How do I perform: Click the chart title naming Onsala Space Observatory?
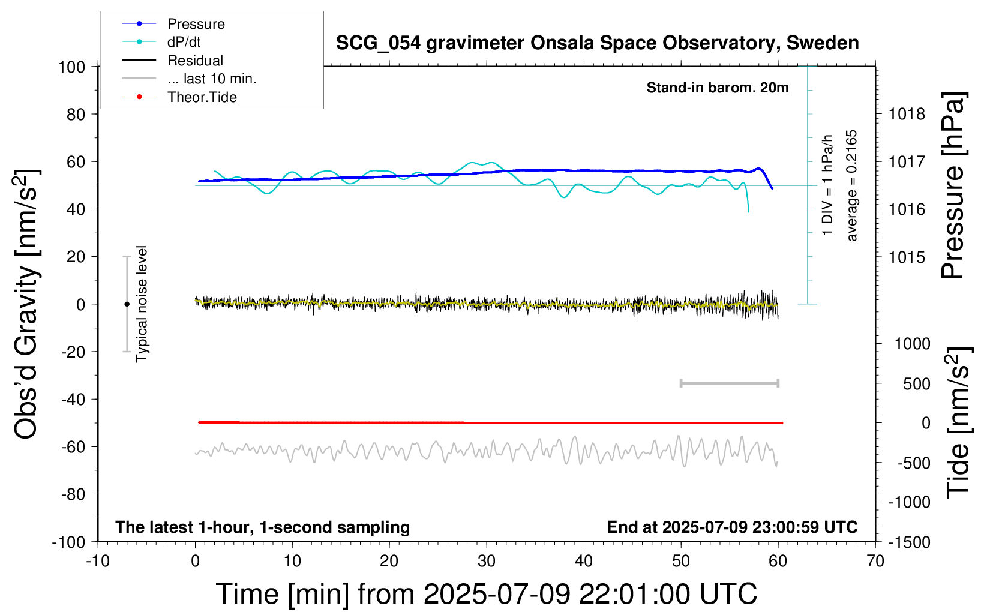pos(597,43)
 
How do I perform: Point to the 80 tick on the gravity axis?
pos(76,115)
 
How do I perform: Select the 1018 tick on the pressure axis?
pos(907,115)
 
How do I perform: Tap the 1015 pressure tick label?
pos(907,257)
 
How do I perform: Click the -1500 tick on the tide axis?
pos(909,542)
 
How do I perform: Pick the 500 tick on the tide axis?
pos(916,384)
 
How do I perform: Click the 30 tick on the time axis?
pos(487,561)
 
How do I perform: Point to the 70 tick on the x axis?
pos(875,561)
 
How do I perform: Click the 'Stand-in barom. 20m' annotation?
pos(718,88)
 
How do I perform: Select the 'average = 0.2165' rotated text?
pos(851,186)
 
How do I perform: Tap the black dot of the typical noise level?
pos(127,304)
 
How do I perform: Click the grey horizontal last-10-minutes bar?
pos(730,383)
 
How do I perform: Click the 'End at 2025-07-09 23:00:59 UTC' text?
pos(733,527)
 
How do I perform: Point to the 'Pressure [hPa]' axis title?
pos(953,186)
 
